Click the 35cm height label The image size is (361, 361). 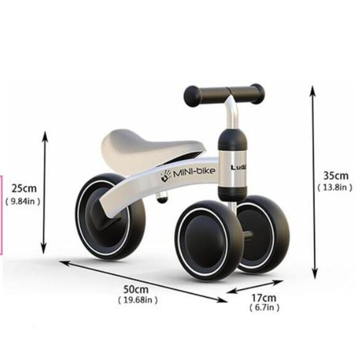[x=336, y=176]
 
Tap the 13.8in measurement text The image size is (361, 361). [x=335, y=188]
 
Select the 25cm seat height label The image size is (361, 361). [x=24, y=189]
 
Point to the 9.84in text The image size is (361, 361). [x=23, y=201]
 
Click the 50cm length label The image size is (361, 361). [x=136, y=289]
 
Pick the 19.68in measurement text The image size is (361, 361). [x=138, y=300]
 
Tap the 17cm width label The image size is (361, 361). [x=264, y=298]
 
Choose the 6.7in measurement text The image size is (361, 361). [x=264, y=308]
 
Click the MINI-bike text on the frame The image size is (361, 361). [x=194, y=172]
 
